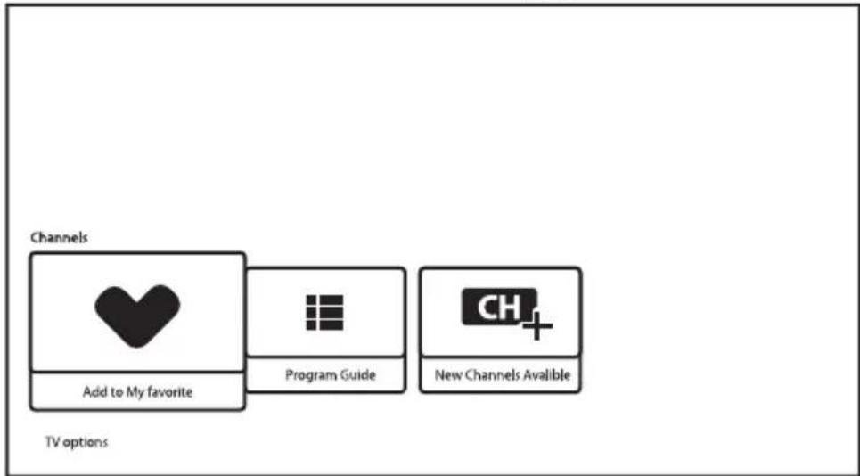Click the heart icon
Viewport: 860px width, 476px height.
click(137, 315)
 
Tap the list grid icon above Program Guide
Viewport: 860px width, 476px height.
click(324, 313)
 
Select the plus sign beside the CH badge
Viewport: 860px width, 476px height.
click(537, 325)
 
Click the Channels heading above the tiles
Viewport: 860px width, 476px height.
click(59, 238)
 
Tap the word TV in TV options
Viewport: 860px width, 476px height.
click(52, 441)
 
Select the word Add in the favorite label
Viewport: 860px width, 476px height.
click(94, 392)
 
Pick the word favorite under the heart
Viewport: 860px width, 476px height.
click(169, 392)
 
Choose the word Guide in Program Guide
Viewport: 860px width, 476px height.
click(357, 375)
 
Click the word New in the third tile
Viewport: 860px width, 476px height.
click(447, 375)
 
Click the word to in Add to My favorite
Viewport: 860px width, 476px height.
click(117, 392)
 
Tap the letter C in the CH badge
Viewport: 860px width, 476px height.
click(487, 308)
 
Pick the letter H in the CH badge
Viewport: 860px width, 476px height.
click(509, 308)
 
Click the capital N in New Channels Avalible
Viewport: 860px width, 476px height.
click(439, 375)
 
